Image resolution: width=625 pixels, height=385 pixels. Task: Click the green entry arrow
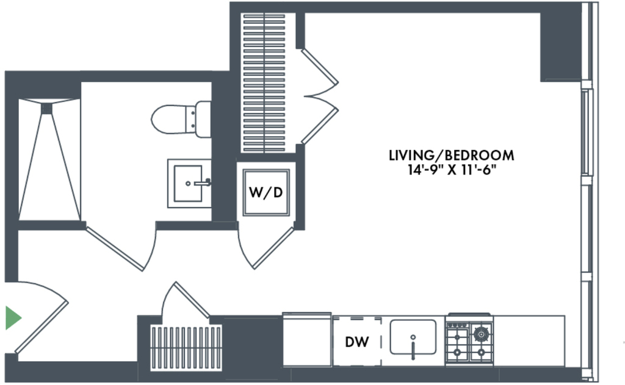tap(13, 318)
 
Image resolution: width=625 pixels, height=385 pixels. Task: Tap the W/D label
tap(266, 193)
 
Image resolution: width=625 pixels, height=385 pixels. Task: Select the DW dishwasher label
tap(356, 342)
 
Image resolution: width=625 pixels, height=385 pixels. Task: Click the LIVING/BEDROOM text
tap(451, 155)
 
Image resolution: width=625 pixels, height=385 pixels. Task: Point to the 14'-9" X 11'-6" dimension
tap(451, 170)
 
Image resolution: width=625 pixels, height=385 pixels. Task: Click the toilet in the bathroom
tap(181, 119)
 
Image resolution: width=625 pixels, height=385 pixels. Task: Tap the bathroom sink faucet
tap(203, 183)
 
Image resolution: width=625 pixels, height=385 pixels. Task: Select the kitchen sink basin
tap(413, 337)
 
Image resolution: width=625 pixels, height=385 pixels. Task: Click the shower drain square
tap(46, 109)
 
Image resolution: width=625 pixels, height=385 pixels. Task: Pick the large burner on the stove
tap(481, 333)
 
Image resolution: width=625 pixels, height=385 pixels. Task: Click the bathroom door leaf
tap(115, 249)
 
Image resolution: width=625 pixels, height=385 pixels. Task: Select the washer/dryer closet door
tap(273, 248)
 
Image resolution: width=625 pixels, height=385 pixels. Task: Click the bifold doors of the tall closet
tap(320, 96)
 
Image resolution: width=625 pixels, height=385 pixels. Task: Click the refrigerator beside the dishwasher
tap(307, 340)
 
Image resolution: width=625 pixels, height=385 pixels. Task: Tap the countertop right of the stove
tap(529, 340)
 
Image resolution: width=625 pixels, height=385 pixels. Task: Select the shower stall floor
tap(49, 159)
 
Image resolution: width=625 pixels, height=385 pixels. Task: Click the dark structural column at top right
tap(560, 46)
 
